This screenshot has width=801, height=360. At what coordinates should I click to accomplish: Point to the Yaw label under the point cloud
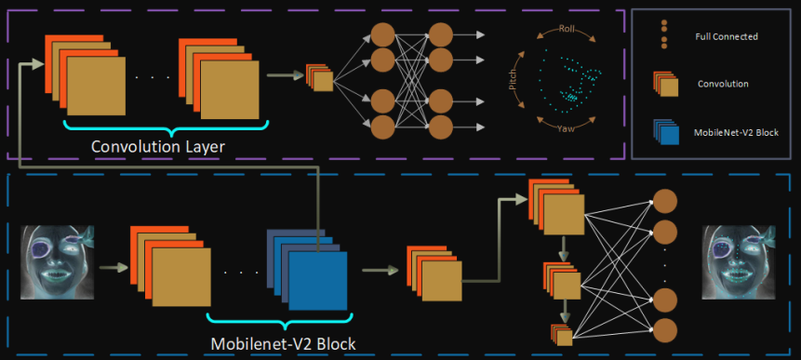click(x=566, y=128)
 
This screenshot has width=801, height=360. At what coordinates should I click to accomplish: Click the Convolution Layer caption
click(x=158, y=147)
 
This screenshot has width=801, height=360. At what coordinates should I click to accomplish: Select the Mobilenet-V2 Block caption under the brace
click(x=283, y=343)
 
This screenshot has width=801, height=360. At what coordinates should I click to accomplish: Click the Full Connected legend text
click(x=727, y=37)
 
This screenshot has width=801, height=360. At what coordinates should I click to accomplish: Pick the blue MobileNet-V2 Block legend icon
click(x=665, y=133)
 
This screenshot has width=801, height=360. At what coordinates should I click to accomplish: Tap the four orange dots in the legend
click(x=663, y=34)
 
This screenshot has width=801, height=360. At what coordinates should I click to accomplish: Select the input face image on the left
click(x=58, y=262)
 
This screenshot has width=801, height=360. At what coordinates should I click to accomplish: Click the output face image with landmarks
click(x=740, y=262)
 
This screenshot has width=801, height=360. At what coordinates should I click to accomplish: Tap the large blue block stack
click(x=307, y=270)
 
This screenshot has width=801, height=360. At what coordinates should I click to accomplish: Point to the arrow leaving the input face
click(x=113, y=267)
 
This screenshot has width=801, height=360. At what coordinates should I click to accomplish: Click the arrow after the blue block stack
click(x=380, y=270)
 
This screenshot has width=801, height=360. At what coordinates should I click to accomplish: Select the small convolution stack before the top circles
click(x=319, y=77)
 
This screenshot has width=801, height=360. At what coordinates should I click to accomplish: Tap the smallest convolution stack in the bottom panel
click(x=562, y=336)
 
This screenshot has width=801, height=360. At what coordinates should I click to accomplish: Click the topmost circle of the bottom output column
click(x=665, y=201)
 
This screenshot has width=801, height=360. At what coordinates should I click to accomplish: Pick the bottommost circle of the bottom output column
click(x=665, y=330)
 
